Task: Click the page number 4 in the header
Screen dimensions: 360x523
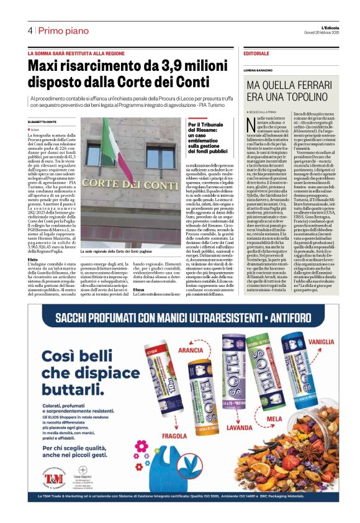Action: [x=29, y=30]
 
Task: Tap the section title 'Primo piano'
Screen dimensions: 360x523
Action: [x=63, y=30]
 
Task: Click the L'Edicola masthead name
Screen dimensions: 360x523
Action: [x=322, y=27]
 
